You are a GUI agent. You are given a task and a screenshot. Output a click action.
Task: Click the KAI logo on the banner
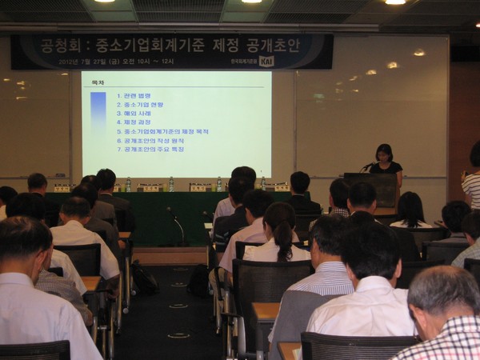point(266,61)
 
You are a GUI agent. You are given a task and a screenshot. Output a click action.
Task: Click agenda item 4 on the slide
point(138,122)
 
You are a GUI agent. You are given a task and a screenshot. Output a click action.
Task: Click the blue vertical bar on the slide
point(98,119)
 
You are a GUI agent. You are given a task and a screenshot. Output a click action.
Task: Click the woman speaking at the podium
point(385,161)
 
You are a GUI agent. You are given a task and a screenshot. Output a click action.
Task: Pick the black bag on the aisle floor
point(145,278)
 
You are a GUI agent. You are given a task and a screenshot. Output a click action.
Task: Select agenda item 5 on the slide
point(164,131)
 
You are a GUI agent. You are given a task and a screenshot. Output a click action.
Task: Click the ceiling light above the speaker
point(395,2)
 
